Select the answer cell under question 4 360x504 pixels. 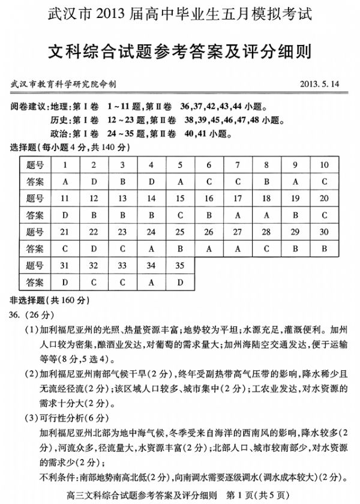click(151, 181)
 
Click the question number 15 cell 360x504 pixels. click(179, 198)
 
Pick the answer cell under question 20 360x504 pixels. click(324, 214)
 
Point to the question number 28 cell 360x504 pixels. click(266, 231)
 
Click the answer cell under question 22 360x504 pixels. click(93, 247)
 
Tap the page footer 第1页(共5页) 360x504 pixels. click(262, 494)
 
